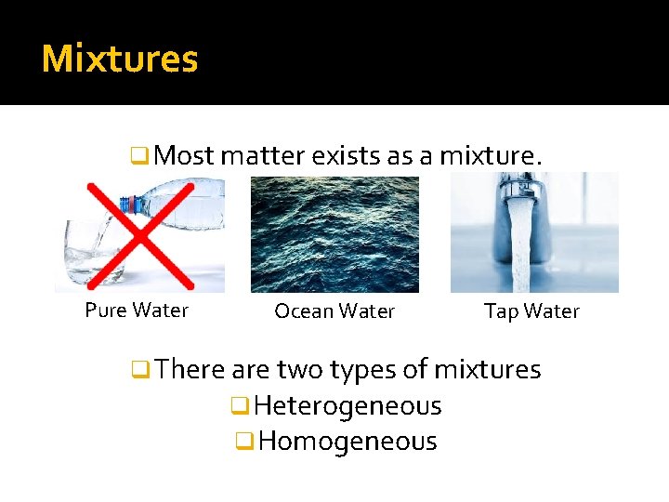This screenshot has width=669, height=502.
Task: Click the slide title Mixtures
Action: click(x=120, y=59)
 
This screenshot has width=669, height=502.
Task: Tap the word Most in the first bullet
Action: click(x=185, y=155)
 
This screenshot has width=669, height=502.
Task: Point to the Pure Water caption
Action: click(x=137, y=310)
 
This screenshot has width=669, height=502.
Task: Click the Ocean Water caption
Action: click(x=334, y=311)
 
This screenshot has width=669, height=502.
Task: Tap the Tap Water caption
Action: click(x=531, y=311)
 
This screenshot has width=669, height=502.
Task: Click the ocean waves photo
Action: click(x=334, y=234)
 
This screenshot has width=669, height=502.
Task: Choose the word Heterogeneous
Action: click(x=348, y=406)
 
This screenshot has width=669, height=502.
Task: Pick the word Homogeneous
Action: click(x=348, y=441)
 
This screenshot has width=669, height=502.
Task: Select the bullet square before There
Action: click(x=141, y=370)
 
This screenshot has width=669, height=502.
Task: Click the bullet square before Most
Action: click(x=141, y=156)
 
